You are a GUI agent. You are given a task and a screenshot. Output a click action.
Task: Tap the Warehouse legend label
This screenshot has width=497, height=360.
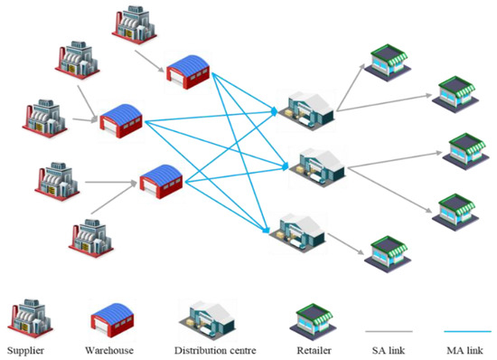pyautogui.click(x=115, y=349)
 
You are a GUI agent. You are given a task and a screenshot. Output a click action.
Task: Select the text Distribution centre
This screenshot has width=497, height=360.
pyautogui.click(x=219, y=349)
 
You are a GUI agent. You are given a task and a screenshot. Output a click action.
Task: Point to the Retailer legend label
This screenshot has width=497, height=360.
pyautogui.click(x=314, y=349)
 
